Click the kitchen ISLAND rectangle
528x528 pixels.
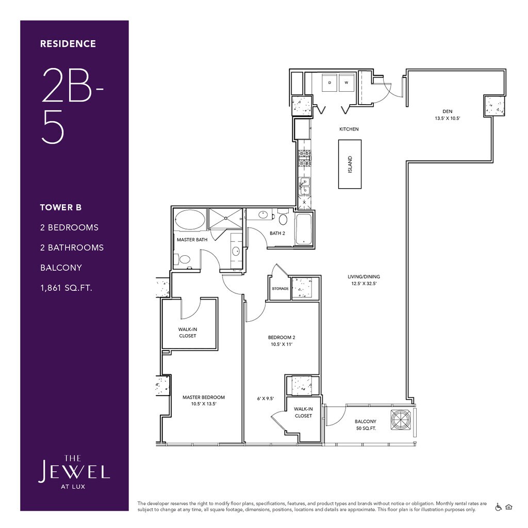[x=350, y=164]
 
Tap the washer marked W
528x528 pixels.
[x=346, y=82]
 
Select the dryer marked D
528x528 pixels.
[x=330, y=82]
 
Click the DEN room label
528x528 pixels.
[x=448, y=111]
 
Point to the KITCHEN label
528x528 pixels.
[x=349, y=129]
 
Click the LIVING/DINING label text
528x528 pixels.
[x=364, y=277]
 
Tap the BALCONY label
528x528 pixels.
[x=366, y=421]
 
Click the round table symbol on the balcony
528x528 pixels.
[x=401, y=420]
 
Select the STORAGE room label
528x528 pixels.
[x=280, y=289]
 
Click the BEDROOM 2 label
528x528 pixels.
[x=282, y=337]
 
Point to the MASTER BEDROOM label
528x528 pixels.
[x=203, y=398]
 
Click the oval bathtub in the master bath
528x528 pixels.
[x=190, y=220]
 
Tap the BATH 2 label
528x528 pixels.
[x=277, y=233]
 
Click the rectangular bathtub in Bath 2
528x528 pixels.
[x=304, y=228]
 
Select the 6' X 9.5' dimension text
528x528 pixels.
[x=266, y=399]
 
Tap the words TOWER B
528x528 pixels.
[x=61, y=207]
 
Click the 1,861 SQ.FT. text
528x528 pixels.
[x=66, y=288]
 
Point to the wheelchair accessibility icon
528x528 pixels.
[x=499, y=507]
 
